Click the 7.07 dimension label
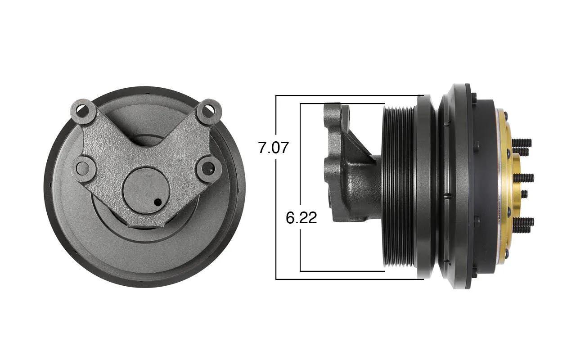click(274, 148)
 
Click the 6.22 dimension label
click(301, 218)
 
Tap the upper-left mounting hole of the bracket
click(83, 111)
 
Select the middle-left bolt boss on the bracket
click(83, 168)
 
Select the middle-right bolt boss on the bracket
click(208, 168)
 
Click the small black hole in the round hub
click(158, 202)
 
